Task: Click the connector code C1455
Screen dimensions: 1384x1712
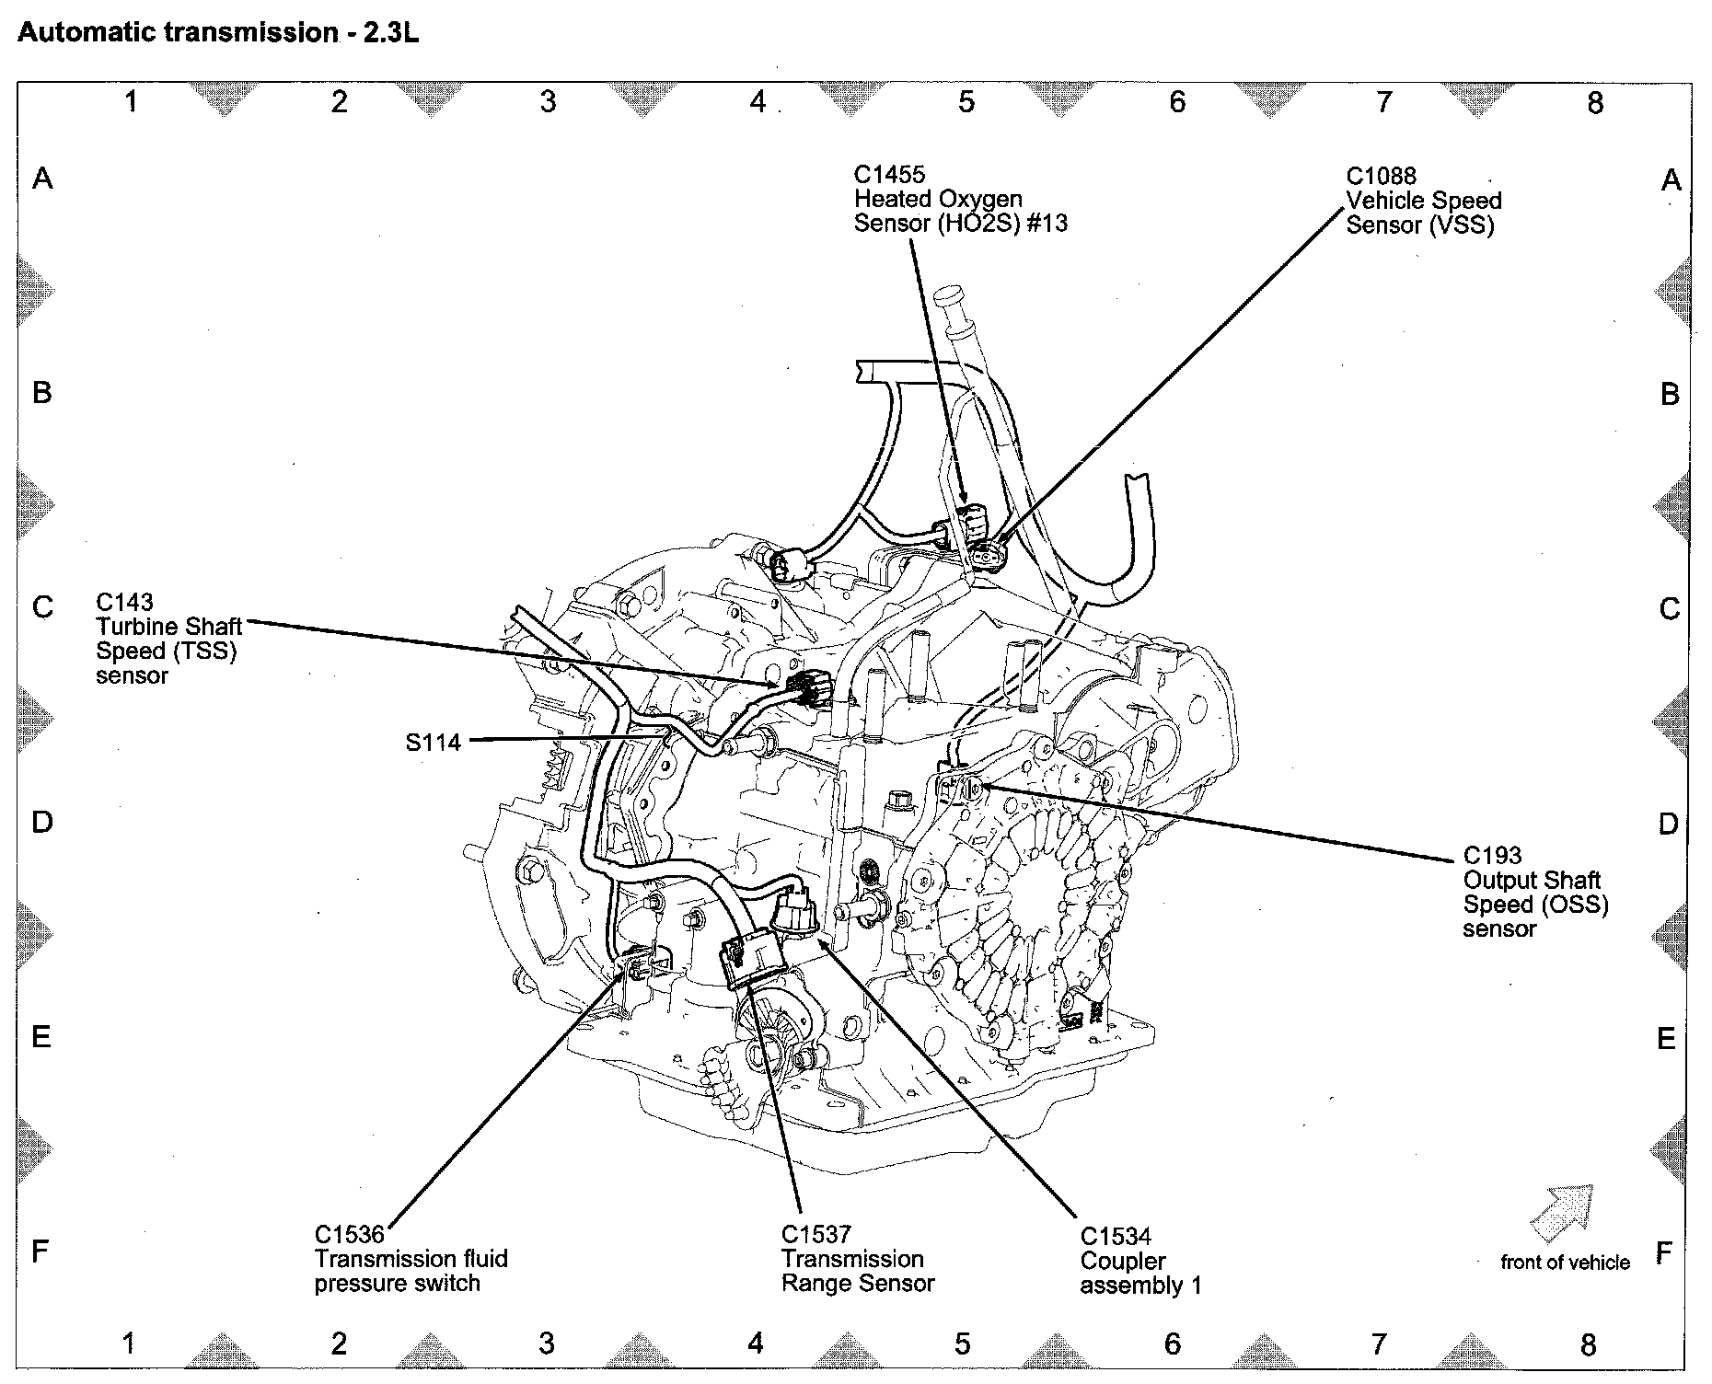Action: (x=889, y=175)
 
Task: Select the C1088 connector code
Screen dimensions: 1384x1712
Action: (x=1381, y=177)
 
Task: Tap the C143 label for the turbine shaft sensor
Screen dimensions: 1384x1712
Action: (x=124, y=602)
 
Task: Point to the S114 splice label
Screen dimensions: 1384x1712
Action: (x=433, y=742)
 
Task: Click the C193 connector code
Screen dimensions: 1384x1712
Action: (x=1492, y=856)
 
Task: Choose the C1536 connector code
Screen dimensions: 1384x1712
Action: (x=350, y=1234)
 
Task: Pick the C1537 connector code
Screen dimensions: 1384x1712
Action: (x=816, y=1234)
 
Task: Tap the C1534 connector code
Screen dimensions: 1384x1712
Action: (x=1116, y=1237)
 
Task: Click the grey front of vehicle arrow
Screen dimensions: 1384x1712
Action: (x=1562, y=1213)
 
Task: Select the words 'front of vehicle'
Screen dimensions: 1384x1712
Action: (x=1565, y=1263)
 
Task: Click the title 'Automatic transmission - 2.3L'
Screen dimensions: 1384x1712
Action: (x=218, y=33)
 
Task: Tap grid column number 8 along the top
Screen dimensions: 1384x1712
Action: (x=1595, y=102)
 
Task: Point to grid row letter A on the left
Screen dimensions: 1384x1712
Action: (x=42, y=178)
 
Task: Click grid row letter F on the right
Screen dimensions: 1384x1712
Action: (x=1664, y=1252)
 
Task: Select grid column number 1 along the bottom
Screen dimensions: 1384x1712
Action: (x=129, y=1344)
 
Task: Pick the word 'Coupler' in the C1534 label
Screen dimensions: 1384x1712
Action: (x=1123, y=1261)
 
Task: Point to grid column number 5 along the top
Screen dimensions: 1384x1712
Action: (x=966, y=102)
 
